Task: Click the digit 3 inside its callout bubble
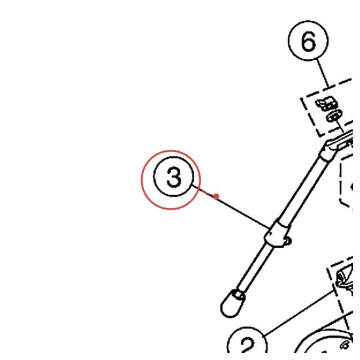[x=174, y=177]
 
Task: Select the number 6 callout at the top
[x=308, y=41]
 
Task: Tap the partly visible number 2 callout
[x=247, y=343]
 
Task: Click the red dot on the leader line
[x=216, y=196]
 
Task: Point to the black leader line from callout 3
[x=231, y=206]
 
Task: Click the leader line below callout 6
[x=322, y=73]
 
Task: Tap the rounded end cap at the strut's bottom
[x=230, y=305]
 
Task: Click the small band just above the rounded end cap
[x=239, y=294]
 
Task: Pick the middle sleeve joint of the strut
[x=277, y=234]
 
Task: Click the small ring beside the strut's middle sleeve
[x=288, y=241]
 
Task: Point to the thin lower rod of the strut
[x=255, y=268]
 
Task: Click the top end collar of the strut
[x=329, y=151]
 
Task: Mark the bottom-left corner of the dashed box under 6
[x=320, y=136]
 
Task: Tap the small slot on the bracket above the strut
[x=344, y=145]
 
